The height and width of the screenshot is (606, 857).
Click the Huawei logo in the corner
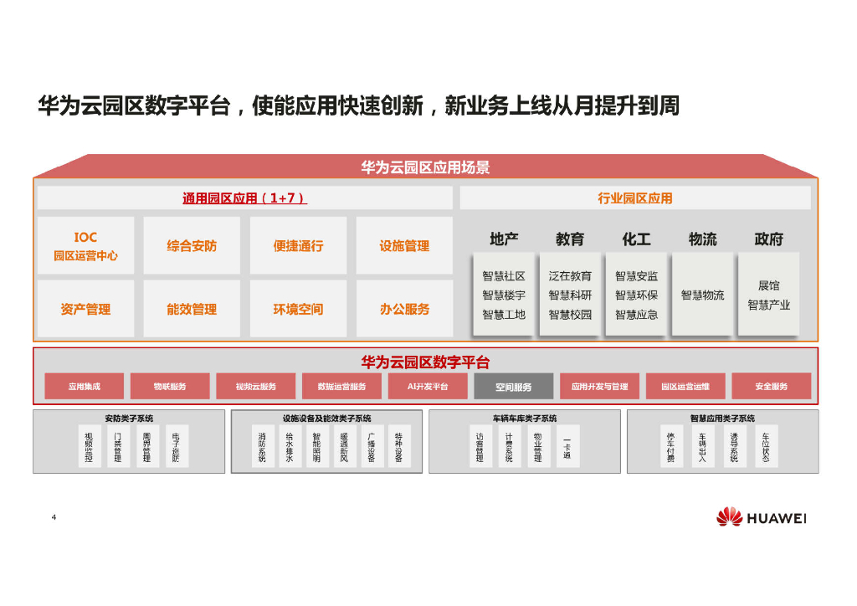pos(760,517)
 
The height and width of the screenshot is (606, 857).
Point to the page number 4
pos(54,517)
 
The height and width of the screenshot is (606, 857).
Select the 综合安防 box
pos(192,246)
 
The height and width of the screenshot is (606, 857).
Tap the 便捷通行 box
pos(298,246)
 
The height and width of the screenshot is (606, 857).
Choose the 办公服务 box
pos(404,309)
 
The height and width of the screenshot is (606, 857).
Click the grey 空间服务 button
pos(513,387)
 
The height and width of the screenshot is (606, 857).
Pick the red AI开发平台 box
pos(428,387)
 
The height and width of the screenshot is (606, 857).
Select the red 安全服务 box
pos(771,387)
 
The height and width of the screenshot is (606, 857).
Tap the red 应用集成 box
pos(85,387)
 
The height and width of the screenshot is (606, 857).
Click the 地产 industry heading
pos(504,239)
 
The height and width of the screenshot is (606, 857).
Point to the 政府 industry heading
pos(768,239)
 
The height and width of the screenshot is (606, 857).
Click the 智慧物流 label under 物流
pos(702,295)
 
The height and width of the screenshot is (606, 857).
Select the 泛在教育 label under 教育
pos(570,276)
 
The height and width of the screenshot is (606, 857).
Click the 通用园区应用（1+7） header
pos(244,198)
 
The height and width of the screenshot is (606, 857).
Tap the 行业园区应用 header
pos(634,198)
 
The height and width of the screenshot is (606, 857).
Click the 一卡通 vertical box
pos(567,447)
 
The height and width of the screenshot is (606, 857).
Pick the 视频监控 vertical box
pos(90,447)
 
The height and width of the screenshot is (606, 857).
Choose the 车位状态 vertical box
pos(765,447)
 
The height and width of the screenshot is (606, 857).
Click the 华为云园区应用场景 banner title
pos(425,167)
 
